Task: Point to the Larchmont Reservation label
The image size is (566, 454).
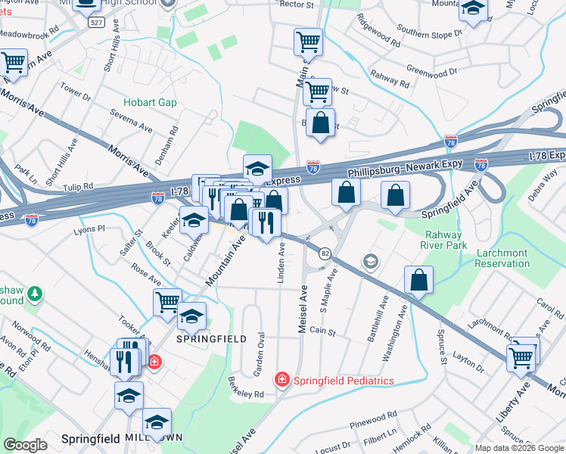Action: click(x=502, y=258)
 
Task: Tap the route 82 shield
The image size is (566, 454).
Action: click(x=325, y=253)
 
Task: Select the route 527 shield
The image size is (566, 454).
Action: click(x=95, y=23)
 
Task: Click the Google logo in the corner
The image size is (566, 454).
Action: click(x=25, y=445)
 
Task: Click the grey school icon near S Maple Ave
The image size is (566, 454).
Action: click(x=370, y=262)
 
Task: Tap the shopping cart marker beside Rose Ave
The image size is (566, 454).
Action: click(x=167, y=301)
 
